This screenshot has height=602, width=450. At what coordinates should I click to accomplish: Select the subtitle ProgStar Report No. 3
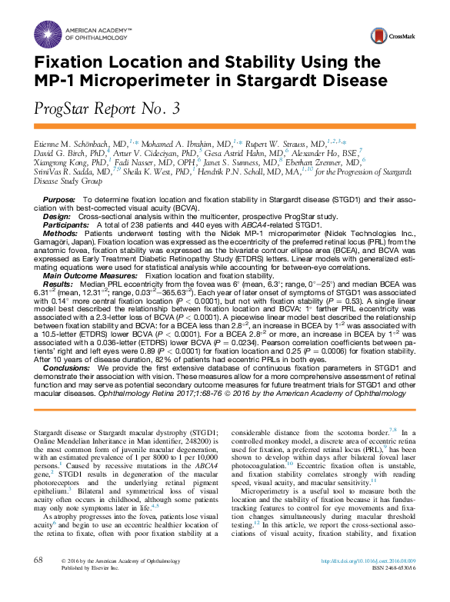tap(108, 109)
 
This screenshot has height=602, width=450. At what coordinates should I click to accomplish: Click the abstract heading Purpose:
tap(58, 199)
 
